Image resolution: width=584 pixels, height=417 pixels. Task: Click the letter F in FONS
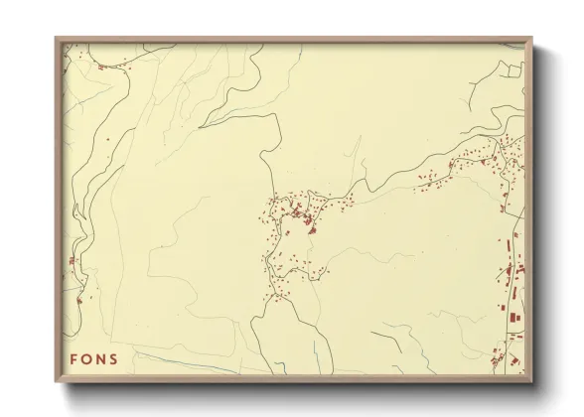[x=74, y=359]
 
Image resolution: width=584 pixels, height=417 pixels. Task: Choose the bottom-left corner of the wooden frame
[x=56, y=381]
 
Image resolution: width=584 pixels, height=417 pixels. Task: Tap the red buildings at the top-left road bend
[x=100, y=67]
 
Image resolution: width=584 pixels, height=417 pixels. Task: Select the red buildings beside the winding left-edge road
[x=72, y=262]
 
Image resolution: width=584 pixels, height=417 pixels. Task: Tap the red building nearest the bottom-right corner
[x=514, y=360]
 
